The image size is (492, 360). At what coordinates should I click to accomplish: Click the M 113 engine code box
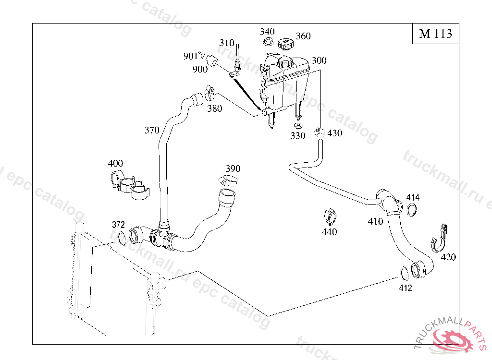coord(435,34)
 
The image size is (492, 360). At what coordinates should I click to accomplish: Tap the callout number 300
coord(319,60)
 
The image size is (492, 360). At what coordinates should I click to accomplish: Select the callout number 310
coord(227,43)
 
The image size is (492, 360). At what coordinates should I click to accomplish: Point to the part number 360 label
coord(303,36)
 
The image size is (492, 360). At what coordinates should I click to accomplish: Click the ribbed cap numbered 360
coord(285,45)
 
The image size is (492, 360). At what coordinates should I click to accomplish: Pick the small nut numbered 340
coord(269,42)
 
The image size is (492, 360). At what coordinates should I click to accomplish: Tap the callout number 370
coord(152,130)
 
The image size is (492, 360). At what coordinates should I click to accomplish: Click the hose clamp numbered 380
coord(210,93)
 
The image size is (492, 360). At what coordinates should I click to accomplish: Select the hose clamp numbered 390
coord(229,181)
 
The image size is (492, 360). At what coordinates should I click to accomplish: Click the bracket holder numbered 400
coord(126,185)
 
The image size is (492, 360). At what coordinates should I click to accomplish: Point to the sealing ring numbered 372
coord(122,238)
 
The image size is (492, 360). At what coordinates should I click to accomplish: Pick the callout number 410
coord(376,221)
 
